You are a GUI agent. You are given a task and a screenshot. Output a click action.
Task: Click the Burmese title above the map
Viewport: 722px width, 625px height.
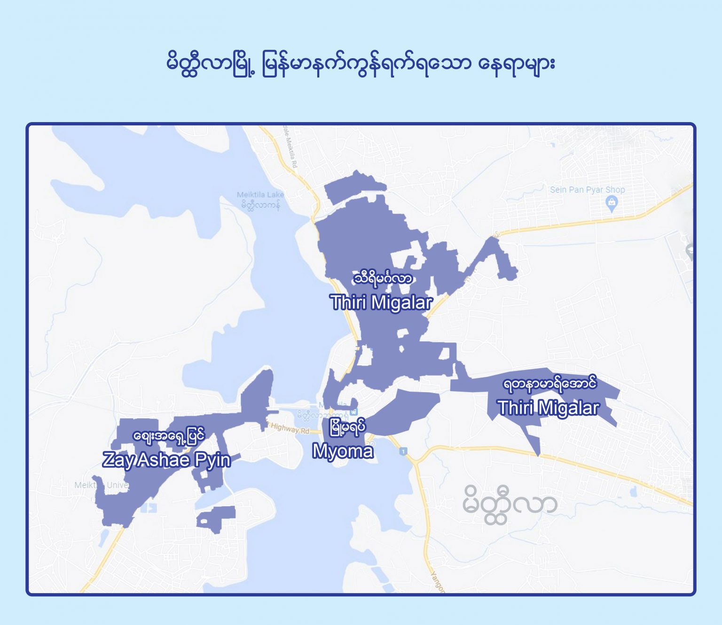[361, 63]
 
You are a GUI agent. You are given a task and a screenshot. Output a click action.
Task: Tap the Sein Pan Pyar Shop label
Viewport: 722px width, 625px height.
[587, 190]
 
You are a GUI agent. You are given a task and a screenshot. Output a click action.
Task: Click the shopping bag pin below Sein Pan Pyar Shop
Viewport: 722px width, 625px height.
[611, 203]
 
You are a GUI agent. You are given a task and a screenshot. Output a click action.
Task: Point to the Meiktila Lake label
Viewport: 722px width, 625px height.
[260, 194]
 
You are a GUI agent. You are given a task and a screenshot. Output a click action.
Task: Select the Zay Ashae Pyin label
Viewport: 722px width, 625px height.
[166, 459]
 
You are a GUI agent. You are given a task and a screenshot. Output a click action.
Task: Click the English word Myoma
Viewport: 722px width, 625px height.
[343, 451]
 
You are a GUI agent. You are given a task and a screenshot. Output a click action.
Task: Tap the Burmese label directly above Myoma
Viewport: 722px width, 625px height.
[347, 428]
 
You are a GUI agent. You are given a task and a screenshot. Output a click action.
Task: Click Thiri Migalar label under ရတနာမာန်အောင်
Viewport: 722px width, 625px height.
[548, 408]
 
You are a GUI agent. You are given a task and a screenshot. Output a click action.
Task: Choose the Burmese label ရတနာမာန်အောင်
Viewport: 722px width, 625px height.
[549, 384]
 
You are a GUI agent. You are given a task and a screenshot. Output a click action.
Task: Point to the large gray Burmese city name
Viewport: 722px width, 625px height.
[510, 505]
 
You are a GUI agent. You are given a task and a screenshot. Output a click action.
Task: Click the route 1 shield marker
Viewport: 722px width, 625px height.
[403, 452]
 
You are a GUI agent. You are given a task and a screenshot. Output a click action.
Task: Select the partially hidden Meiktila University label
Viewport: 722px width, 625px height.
[101, 485]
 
